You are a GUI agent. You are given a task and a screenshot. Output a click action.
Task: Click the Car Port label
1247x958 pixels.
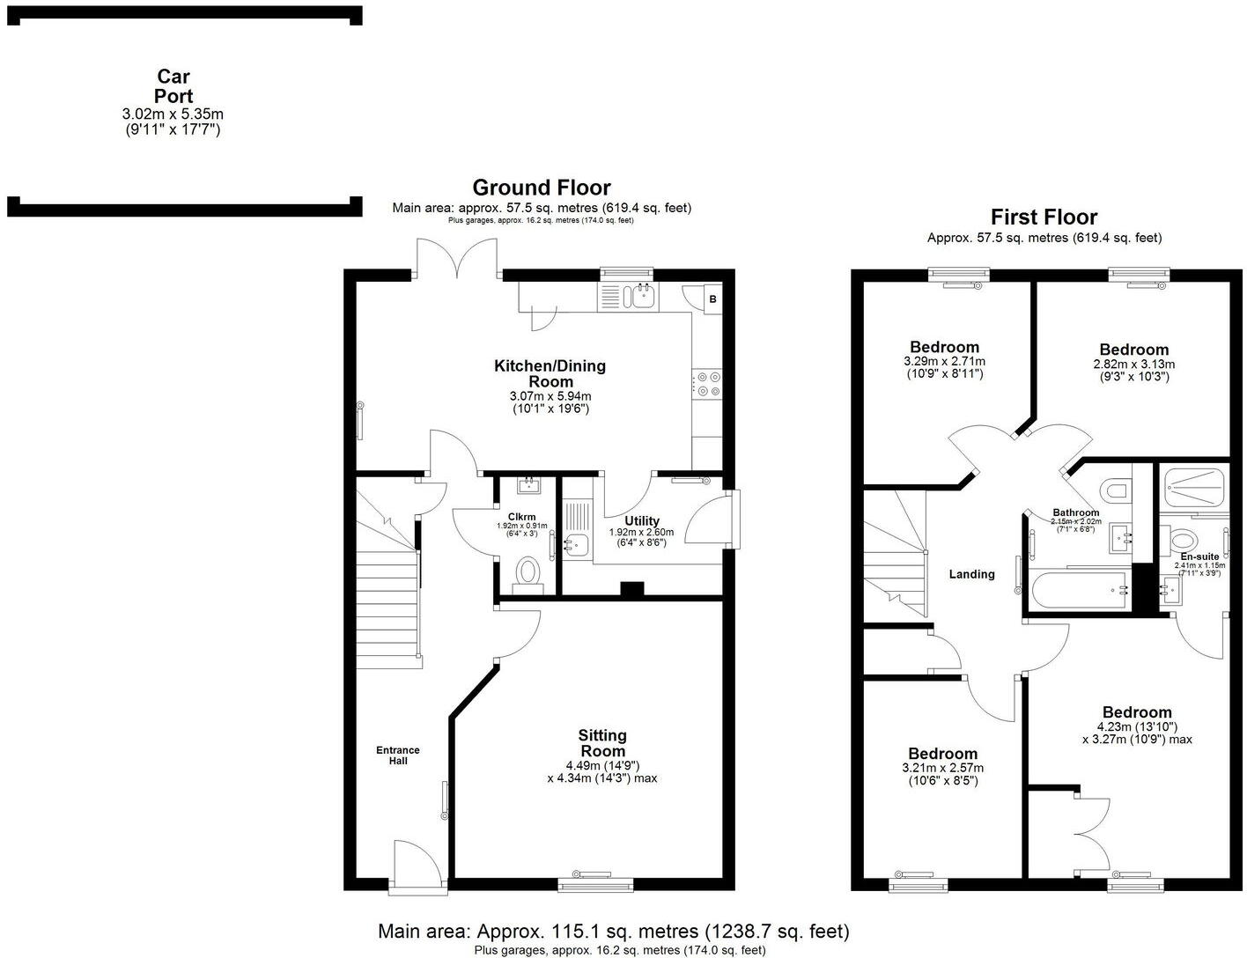coord(173,86)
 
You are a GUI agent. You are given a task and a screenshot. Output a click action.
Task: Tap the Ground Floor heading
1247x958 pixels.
coord(541,188)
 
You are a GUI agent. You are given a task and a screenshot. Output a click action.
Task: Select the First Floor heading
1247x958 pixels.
coord(1044,217)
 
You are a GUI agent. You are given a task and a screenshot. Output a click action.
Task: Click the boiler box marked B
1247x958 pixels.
coord(712,299)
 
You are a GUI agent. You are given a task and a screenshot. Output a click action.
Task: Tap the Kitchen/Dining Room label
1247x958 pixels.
coord(550,373)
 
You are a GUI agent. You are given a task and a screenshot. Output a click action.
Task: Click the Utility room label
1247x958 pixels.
coord(641,520)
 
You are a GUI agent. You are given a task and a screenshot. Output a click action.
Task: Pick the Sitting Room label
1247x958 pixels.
coord(602,742)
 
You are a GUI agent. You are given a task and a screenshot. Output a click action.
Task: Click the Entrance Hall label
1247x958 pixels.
coord(398,755)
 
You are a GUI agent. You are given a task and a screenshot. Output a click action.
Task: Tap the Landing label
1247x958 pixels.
coord(971,574)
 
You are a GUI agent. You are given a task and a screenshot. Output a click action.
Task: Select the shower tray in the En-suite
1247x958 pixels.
coord(1193,483)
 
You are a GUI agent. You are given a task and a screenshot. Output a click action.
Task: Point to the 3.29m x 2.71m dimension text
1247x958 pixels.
coord(944,362)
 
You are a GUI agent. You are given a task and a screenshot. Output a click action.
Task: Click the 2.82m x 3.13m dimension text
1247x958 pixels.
coord(1133,364)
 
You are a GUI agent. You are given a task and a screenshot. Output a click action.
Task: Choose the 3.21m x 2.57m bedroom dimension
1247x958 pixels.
coord(942,768)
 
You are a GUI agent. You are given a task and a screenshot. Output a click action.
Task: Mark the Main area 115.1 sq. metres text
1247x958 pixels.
coord(613,931)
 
